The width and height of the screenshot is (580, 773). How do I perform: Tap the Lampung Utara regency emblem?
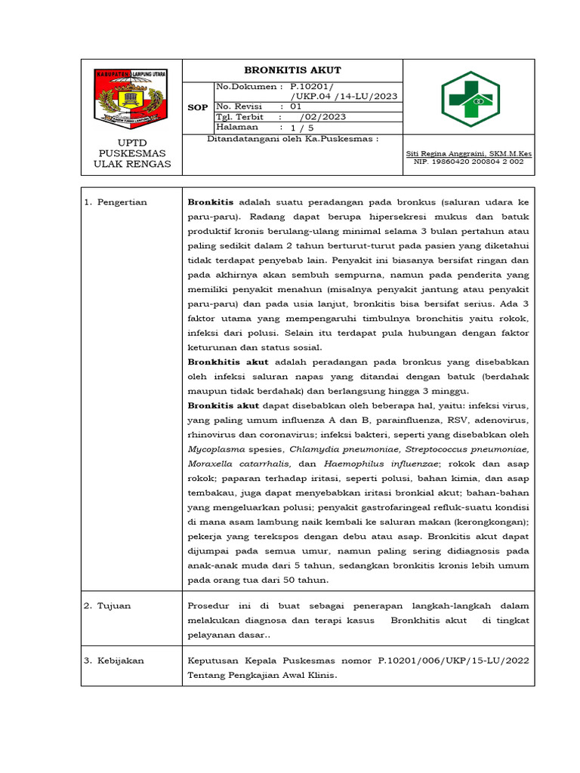[132, 98]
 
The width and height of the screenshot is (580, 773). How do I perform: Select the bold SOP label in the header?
[197, 107]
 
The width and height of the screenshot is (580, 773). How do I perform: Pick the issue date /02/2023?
[323, 117]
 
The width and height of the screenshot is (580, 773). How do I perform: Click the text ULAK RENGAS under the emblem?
[132, 165]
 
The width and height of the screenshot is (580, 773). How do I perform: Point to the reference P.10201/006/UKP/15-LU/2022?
[453, 661]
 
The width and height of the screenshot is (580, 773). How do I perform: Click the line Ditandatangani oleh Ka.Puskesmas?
[293, 139]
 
